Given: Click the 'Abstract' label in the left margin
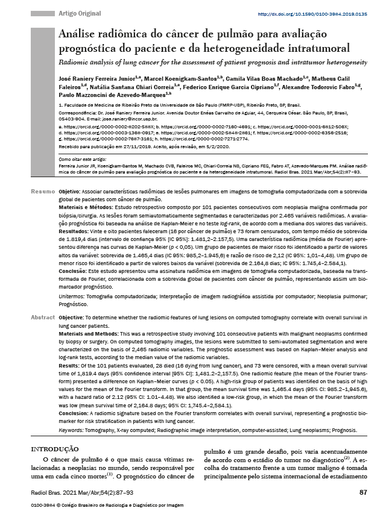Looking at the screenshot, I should coord(42,317).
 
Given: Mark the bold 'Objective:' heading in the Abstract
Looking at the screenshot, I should coord(71,317).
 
